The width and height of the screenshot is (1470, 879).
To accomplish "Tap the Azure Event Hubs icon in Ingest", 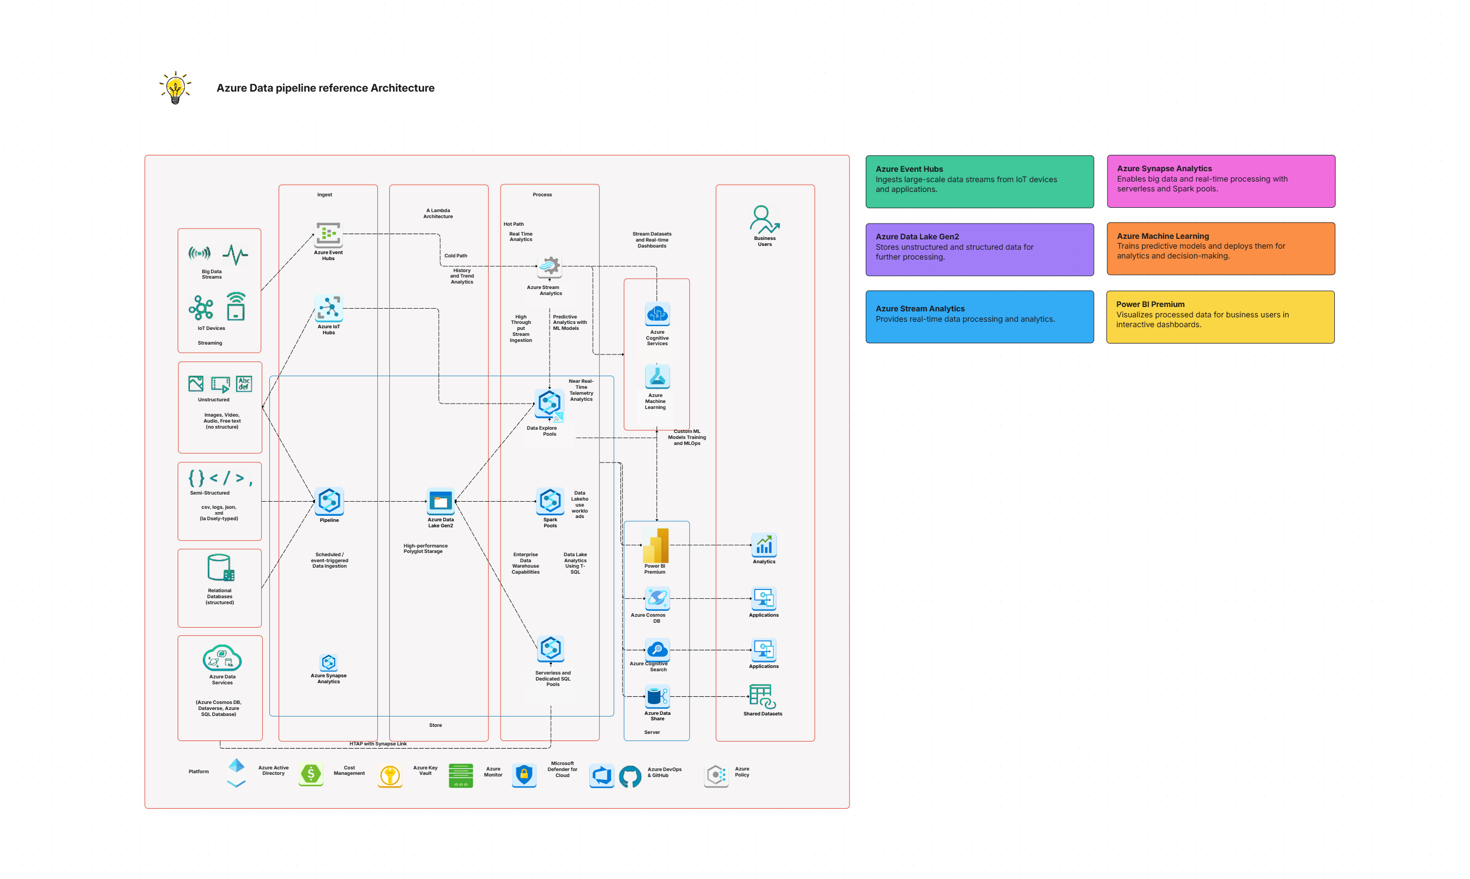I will [328, 234].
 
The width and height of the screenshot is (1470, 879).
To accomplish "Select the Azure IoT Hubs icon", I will [329, 309].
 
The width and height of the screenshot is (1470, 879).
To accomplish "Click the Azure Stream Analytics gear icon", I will [550, 267].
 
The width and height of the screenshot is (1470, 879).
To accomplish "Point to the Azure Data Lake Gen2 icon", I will [441, 502].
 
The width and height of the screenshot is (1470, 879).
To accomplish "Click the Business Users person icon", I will [764, 220].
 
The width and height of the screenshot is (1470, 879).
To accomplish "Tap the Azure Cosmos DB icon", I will [657, 598].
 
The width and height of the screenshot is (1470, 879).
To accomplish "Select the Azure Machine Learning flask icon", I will [657, 377].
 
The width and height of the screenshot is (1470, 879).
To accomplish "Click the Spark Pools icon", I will [550, 502].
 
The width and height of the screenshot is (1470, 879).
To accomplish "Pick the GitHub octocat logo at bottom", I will [630, 775].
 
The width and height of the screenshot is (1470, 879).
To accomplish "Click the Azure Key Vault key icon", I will [390, 775].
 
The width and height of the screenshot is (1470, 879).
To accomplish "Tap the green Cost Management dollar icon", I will [311, 774].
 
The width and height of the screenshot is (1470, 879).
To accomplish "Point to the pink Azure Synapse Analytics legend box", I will [1221, 181].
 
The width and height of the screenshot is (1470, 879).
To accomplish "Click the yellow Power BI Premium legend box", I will [1220, 317].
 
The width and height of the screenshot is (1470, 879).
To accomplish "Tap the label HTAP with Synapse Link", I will [378, 744].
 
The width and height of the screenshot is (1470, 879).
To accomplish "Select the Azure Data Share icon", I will [657, 696].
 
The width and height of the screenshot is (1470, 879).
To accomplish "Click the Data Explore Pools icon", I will [549, 405].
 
